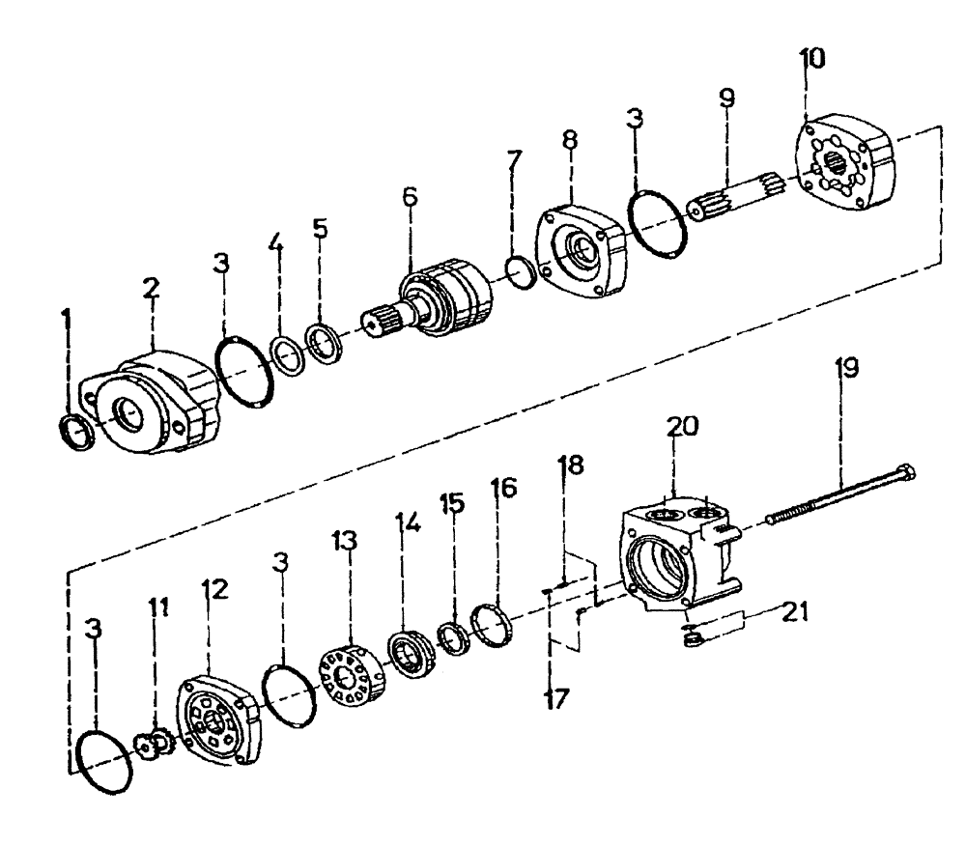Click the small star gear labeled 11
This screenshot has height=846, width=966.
[155, 743]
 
